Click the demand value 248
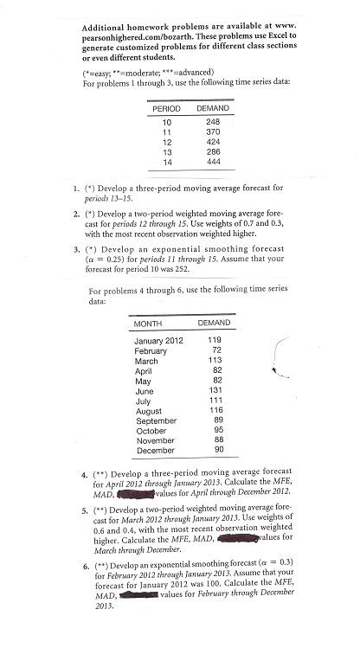213,122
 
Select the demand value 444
213,161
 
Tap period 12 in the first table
168,141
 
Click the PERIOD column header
166,108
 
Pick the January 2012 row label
159,340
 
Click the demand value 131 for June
215,390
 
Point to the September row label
156,420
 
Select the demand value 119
215,340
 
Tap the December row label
155,450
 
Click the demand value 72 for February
217,350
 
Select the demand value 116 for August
215,410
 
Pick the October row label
151,430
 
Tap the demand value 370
213,131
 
